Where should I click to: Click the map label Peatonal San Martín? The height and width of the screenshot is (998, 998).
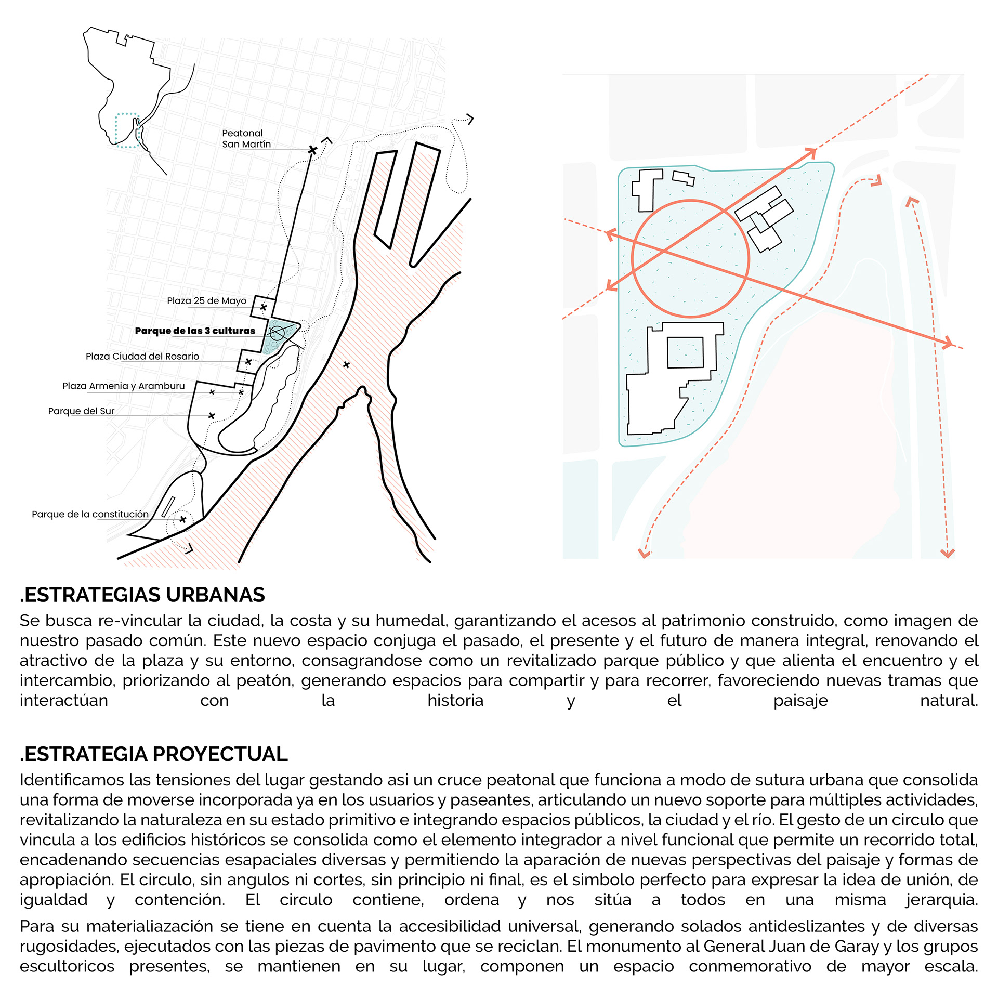pyautogui.click(x=246, y=139)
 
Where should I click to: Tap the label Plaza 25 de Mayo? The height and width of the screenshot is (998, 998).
pyautogui.click(x=206, y=301)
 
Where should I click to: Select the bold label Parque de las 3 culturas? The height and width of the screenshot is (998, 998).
pyautogui.click(x=195, y=331)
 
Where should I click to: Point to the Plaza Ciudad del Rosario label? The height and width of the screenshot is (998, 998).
pyautogui.click(x=142, y=357)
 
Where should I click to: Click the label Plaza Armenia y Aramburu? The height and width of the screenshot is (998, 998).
pyautogui.click(x=123, y=386)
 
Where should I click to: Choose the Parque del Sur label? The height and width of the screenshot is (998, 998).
pyautogui.click(x=81, y=411)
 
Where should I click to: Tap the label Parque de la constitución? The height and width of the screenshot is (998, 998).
pyautogui.click(x=90, y=514)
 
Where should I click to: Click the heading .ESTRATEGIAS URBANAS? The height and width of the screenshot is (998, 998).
pyautogui.click(x=142, y=595)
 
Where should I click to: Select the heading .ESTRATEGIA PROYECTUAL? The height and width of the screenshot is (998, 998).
pyautogui.click(x=153, y=754)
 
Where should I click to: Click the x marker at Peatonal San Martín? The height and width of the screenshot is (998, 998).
pyautogui.click(x=312, y=150)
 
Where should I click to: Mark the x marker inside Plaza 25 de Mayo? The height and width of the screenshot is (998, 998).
pyautogui.click(x=264, y=308)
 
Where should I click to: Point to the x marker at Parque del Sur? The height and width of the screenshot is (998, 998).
pyautogui.click(x=212, y=416)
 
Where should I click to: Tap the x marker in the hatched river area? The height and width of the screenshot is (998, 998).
pyautogui.click(x=346, y=365)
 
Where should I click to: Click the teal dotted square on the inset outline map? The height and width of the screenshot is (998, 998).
pyautogui.click(x=126, y=130)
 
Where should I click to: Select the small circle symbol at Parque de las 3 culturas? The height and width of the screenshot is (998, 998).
pyautogui.click(x=277, y=333)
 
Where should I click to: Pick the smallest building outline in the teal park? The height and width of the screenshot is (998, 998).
pyautogui.click(x=684, y=178)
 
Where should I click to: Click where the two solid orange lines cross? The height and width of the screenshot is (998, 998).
pyautogui.click(x=664, y=252)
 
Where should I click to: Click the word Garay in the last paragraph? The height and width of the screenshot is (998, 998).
pyautogui.click(x=860, y=947)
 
